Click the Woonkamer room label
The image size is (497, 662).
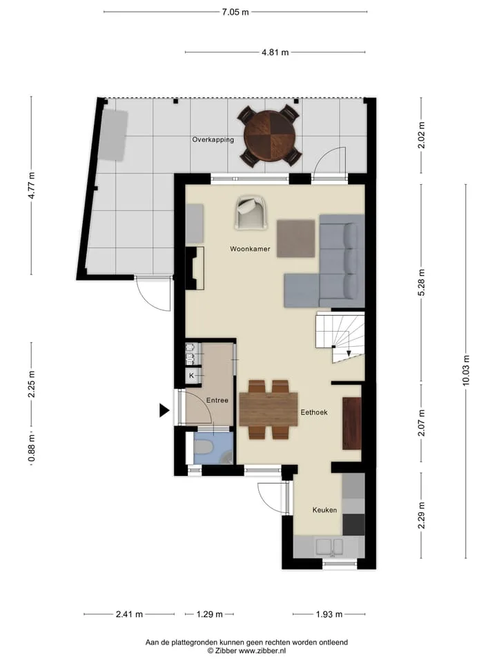pyautogui.click(x=250, y=249)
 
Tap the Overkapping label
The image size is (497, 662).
pyautogui.click(x=213, y=140)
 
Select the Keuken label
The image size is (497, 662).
pyautogui.click(x=324, y=510)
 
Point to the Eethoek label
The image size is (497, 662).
pyautogui.click(x=314, y=412)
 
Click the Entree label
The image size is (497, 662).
pyautogui.click(x=217, y=400)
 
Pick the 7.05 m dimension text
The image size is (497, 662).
pyautogui.click(x=235, y=12)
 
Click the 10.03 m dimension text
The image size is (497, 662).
pyautogui.click(x=466, y=371)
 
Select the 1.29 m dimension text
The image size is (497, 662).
pyautogui.click(x=210, y=614)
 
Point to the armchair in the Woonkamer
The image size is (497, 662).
pyautogui.click(x=251, y=213)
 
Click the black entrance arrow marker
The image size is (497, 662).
pyautogui.click(x=164, y=410)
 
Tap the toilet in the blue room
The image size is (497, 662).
pyautogui.click(x=204, y=448)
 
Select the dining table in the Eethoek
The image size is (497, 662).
pyautogui.click(x=269, y=409)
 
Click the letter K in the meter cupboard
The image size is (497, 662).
pyautogui.click(x=191, y=375)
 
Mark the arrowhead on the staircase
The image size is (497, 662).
pyautogui.click(x=349, y=353)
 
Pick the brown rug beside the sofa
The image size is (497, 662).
pyautogui.click(x=296, y=239)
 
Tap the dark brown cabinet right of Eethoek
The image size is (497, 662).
pyautogui.click(x=351, y=423)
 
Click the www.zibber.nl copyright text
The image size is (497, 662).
pyautogui.click(x=246, y=650)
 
